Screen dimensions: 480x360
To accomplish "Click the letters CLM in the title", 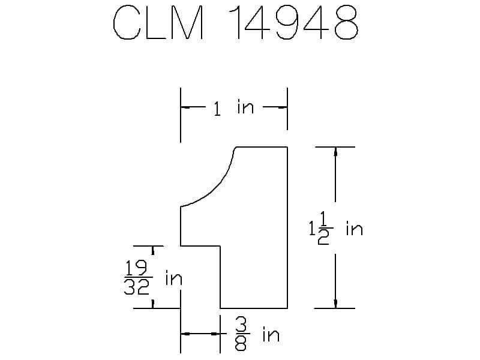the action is click(158, 22).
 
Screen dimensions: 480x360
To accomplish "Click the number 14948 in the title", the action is click(293, 22).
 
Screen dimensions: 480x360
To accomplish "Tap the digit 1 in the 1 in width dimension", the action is click(217, 109).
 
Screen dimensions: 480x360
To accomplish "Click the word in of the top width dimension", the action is click(245, 107).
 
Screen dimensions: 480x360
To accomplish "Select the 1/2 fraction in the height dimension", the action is click(324, 229).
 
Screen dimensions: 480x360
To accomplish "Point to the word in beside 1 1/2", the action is click(354, 229).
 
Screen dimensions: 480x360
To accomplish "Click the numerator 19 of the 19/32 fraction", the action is click(137, 268).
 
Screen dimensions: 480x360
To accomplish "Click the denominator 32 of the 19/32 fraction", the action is click(137, 287).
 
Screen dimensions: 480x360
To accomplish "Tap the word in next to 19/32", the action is click(173, 278).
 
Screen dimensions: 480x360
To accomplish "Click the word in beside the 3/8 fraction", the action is click(271, 335).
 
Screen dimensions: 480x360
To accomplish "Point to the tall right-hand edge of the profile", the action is click(287, 227).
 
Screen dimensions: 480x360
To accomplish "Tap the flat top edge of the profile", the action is click(262, 147).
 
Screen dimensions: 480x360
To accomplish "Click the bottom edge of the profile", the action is click(254, 308).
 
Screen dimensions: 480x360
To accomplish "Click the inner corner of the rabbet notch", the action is click(220, 246).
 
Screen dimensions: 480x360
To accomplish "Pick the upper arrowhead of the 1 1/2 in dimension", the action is click(335, 152).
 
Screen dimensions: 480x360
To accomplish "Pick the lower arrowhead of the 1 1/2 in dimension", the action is click(335, 304).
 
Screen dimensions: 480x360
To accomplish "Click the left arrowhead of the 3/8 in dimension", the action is click(185, 334).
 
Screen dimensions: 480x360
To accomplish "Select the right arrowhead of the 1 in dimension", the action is click(283, 107).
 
